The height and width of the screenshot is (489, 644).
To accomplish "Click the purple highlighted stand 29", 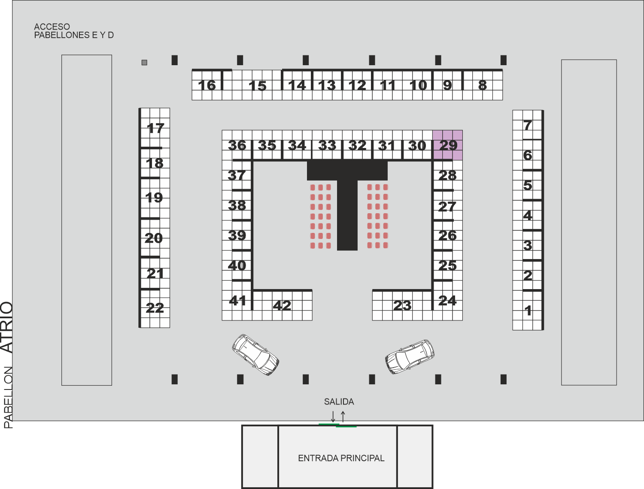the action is (448, 145).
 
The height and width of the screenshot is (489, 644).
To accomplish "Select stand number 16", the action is (207, 85).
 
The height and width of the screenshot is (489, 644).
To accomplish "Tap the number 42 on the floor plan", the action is (282, 305).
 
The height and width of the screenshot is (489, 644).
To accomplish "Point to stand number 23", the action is (402, 305).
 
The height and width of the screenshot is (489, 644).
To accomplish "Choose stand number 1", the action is (528, 311).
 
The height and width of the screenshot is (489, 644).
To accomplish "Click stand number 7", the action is (528, 125).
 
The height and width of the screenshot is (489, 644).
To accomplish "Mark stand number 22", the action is (155, 308).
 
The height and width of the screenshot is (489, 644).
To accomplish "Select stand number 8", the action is (482, 85).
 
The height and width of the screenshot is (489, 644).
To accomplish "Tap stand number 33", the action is (327, 145).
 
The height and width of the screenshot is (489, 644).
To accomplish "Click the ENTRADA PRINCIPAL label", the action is (341, 458).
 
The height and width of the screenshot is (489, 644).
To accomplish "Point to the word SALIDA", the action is (339, 401).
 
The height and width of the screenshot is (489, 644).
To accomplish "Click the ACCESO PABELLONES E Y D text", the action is (74, 31).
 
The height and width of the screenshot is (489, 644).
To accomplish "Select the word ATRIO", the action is (7, 327).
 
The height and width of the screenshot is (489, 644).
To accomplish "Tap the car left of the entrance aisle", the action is (255, 355).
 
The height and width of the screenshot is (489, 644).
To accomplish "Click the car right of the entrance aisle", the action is (410, 356).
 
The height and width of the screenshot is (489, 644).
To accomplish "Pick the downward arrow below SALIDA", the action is (333, 417).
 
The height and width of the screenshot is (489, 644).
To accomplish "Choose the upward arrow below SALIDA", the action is (343, 417).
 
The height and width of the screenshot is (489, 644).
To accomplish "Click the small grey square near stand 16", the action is (144, 62).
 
